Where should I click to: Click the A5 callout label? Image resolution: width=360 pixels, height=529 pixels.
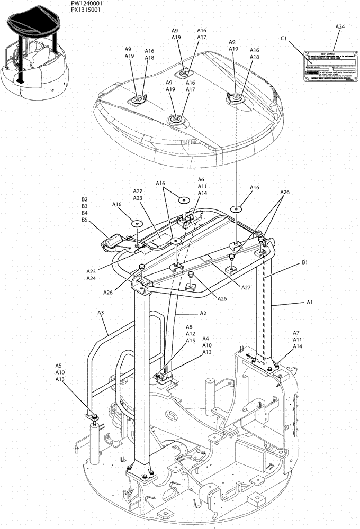[59, 366]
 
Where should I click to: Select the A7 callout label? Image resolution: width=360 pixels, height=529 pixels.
[297, 333]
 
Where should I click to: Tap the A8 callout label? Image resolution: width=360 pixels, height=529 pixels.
[190, 327]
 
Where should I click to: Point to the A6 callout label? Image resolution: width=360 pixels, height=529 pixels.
[201, 179]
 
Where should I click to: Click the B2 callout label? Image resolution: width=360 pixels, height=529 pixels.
[84, 199]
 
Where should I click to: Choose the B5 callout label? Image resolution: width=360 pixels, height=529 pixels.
[84, 220]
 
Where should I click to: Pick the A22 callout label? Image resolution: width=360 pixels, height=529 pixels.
[138, 191]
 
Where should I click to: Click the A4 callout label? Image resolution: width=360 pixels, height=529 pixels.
[205, 339]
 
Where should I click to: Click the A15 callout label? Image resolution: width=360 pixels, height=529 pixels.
[190, 341]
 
